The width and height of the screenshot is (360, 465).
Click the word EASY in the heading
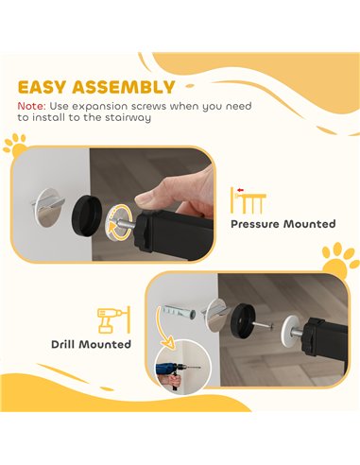pyautogui.click(x=43, y=87)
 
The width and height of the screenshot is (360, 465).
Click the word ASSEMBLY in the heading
pyautogui.click(x=124, y=87)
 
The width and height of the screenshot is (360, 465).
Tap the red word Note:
pyautogui.click(x=32, y=106)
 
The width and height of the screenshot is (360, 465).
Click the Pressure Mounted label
pyautogui.click(x=283, y=224)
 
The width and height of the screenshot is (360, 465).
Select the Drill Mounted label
pyautogui.click(x=91, y=344)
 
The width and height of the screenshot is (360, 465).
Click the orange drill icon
pyautogui.click(x=113, y=319)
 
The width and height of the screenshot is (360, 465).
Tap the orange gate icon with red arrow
pyautogui.click(x=249, y=200)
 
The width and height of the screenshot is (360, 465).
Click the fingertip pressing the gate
pyautogui.click(x=144, y=198)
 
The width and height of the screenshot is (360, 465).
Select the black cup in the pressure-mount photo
pyautogui.click(x=86, y=215)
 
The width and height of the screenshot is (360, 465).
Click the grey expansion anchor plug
pyautogui.click(x=178, y=312)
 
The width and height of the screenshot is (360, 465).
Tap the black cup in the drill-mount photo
pyautogui.click(x=242, y=320)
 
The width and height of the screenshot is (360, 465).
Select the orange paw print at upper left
pyautogui.click(x=15, y=146)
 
